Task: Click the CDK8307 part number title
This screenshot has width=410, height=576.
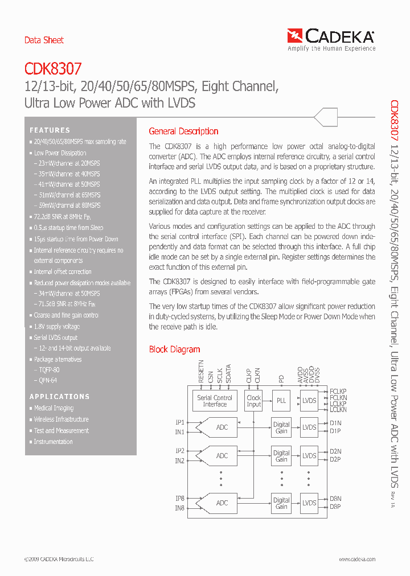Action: [53, 70]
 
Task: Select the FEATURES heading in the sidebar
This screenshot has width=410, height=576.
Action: [50, 130]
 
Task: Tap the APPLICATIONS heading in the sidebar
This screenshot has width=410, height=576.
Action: [60, 397]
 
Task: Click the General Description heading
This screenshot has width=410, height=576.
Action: [183, 131]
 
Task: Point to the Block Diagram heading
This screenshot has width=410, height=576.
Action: [174, 349]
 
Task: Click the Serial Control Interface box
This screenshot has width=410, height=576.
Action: [215, 401]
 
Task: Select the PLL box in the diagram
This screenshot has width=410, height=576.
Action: [281, 401]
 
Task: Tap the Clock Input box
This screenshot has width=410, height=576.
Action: [253, 401]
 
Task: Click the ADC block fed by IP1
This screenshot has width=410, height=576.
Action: [222, 427]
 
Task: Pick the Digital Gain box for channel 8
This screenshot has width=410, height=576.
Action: [281, 503]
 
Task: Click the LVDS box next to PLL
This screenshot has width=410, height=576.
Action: [309, 401]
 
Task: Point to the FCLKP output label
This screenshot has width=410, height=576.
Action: [338, 391]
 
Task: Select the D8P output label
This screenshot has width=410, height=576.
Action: [335, 507]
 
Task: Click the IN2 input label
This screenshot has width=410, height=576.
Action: [180, 461]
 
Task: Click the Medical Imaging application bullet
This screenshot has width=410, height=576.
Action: [54, 408]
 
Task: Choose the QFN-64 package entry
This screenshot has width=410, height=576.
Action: [46, 380]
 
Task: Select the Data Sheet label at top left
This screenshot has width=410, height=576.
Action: [44, 40]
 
